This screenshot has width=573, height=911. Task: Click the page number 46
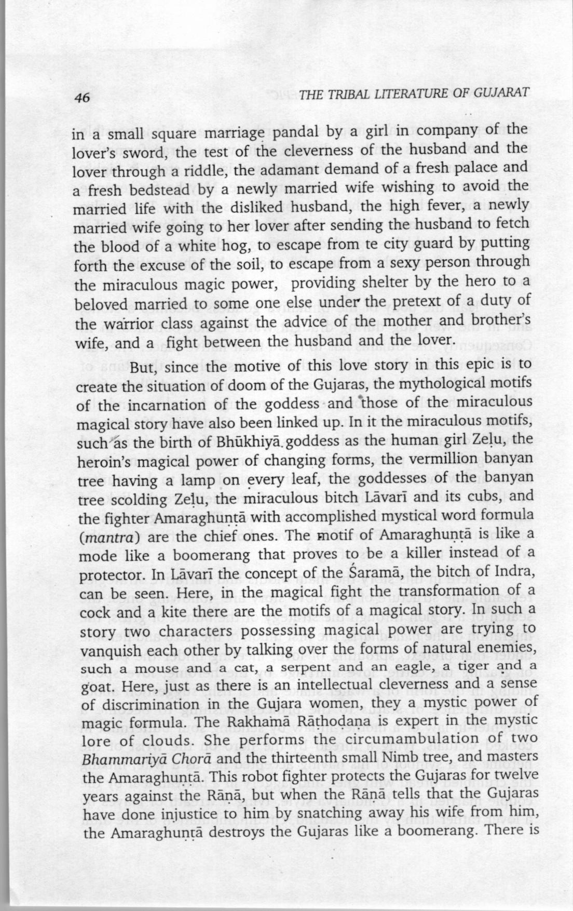[83, 98]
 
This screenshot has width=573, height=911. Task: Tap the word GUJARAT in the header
[502, 93]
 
